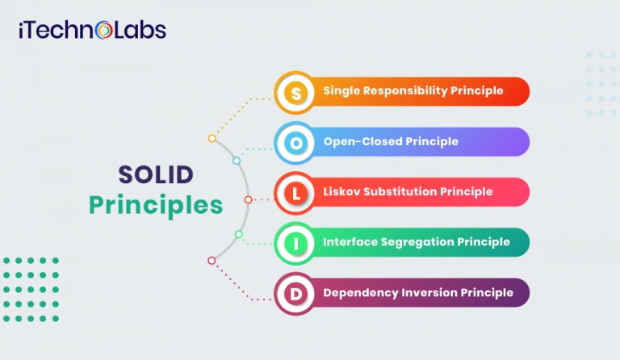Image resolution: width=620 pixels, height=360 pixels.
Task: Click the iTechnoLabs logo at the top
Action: [x=92, y=31]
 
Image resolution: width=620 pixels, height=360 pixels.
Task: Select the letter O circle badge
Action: [x=296, y=143]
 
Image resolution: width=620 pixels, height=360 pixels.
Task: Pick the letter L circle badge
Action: [x=296, y=193]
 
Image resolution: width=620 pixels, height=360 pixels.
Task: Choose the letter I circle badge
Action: [x=296, y=243]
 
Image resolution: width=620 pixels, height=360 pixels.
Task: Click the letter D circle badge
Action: [x=296, y=293]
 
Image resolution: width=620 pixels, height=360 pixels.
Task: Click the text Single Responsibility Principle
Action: [x=413, y=91]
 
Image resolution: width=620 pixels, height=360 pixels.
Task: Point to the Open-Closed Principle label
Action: [x=391, y=141]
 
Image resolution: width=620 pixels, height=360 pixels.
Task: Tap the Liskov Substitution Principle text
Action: [x=408, y=192]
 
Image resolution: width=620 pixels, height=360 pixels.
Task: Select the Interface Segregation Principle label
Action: [x=417, y=242]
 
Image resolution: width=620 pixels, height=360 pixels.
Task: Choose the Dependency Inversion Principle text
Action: [x=418, y=292]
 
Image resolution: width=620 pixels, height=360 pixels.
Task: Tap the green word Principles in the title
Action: [x=156, y=205]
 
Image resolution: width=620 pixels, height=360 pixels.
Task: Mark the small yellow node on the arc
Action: [x=212, y=138]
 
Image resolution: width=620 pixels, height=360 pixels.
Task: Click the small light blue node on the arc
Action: [x=237, y=161]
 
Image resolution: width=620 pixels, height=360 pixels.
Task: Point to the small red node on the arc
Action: [x=248, y=199]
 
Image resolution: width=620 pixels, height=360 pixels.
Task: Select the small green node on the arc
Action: [x=238, y=234]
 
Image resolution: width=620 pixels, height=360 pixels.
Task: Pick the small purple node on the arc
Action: [x=212, y=260]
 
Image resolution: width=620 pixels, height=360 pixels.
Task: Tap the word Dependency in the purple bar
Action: [x=360, y=292]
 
